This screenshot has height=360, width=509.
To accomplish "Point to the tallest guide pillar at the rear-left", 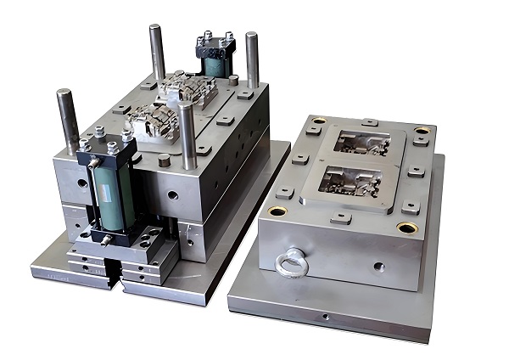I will [x=158, y=53].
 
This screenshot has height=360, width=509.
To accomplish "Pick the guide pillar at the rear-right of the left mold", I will [x=252, y=59].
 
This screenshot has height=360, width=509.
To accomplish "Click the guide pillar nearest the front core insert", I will [x=187, y=136].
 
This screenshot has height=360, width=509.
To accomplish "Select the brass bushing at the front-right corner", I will [x=407, y=228].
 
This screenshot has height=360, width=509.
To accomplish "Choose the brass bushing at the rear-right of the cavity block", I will [x=422, y=131].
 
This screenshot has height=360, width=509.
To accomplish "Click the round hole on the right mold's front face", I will [x=379, y=266].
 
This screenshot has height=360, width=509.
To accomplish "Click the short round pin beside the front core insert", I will [x=164, y=160].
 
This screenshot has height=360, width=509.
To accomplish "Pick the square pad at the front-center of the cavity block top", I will [x=341, y=218].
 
